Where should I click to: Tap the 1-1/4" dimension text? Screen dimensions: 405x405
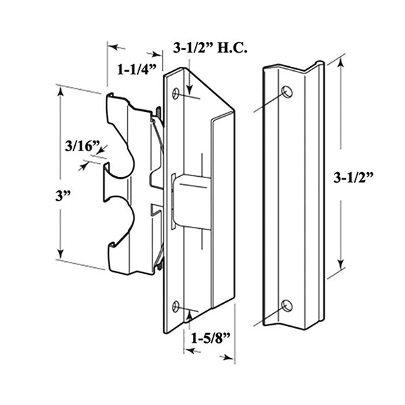tap(137, 68)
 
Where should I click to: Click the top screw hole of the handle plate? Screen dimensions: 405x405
tap(176, 94)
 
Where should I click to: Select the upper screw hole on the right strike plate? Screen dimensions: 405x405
tap(287, 91)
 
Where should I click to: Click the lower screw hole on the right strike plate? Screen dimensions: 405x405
tap(287, 305)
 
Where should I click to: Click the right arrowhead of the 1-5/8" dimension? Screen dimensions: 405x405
tap(231, 352)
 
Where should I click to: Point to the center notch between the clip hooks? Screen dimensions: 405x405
tap(108, 182)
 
